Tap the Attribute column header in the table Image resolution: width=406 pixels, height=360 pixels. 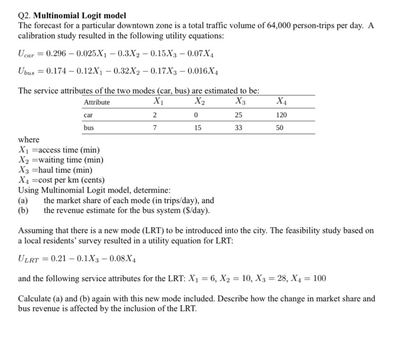(x=97, y=102)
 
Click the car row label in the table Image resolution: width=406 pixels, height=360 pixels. (x=89, y=115)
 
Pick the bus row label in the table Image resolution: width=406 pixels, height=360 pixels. (x=89, y=127)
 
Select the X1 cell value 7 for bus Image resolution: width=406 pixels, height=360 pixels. (x=153, y=127)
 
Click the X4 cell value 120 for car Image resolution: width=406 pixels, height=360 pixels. (x=281, y=115)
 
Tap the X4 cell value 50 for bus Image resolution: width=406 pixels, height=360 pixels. (x=280, y=127)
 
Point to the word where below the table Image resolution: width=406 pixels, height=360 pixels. (x=29, y=140)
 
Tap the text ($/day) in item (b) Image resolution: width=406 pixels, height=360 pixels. (x=196, y=210)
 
